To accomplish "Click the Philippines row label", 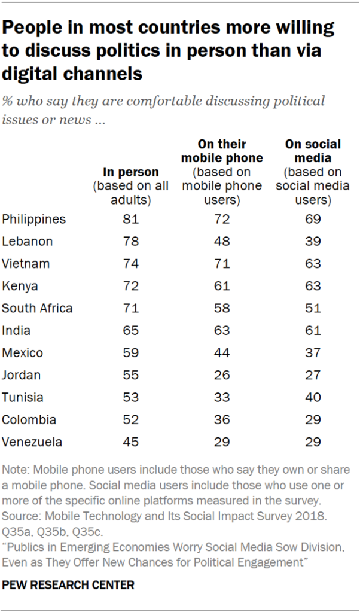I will click(33, 220).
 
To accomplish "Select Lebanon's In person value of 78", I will click(131, 242).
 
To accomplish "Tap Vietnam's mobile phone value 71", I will click(222, 264).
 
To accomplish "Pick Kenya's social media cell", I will click(313, 286).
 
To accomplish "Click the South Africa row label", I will click(37, 309).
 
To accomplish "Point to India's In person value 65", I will click(131, 331).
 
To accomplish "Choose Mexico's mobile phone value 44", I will click(222, 353).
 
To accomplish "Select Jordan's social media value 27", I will click(313, 375).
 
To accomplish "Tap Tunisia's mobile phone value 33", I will click(222, 397).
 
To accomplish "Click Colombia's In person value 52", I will click(131, 420).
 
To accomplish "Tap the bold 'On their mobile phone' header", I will click(222, 151).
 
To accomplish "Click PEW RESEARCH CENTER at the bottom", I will click(68, 584).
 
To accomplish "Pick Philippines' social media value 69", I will click(313, 220).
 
